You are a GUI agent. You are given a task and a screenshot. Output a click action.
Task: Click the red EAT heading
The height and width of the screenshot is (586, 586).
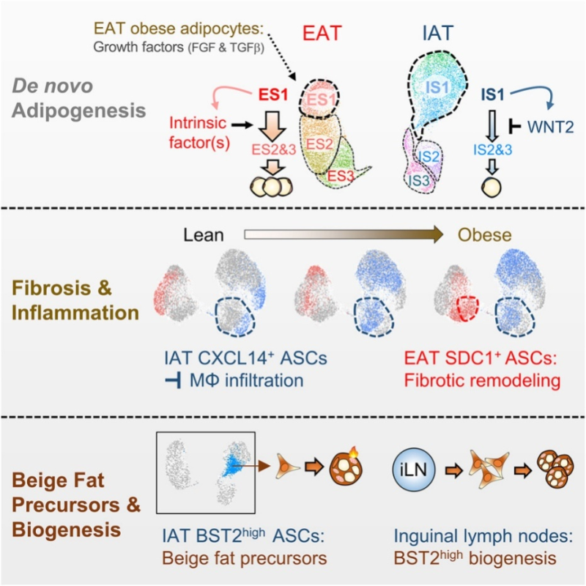tap(322, 33)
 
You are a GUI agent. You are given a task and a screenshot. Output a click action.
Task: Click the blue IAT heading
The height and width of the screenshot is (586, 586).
tap(437, 33)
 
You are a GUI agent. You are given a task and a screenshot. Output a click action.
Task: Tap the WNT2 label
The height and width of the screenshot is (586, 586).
tap(550, 127)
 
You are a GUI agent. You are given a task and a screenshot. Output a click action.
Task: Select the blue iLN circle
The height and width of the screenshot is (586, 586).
tap(414, 470)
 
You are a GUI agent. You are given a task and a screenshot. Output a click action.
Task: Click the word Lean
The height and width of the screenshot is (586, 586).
tap(204, 235)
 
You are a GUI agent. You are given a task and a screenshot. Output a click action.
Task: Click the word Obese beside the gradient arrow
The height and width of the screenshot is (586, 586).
tap(484, 235)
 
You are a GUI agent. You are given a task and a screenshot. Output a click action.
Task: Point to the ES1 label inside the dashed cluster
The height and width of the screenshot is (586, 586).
tap(321, 100)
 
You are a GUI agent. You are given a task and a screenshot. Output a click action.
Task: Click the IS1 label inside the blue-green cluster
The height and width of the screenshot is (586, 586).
tap(437, 88)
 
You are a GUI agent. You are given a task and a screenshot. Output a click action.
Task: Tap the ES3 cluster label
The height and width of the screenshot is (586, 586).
tap(341, 176)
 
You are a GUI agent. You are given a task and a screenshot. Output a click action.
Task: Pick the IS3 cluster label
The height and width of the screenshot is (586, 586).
tap(418, 180)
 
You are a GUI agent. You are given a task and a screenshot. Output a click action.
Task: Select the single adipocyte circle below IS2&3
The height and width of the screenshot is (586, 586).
tap(491, 187)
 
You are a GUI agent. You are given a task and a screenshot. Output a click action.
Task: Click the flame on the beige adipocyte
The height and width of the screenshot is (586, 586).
tap(354, 453)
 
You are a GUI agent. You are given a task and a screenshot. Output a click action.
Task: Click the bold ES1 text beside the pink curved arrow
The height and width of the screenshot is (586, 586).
tap(273, 94)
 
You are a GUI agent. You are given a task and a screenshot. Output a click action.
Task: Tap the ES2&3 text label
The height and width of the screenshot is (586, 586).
tap(273, 149)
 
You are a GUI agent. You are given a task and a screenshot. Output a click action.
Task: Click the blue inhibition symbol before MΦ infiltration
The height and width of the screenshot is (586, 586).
tap(174, 381)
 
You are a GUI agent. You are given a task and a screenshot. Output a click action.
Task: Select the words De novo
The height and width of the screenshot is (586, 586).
tap(52, 86)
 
